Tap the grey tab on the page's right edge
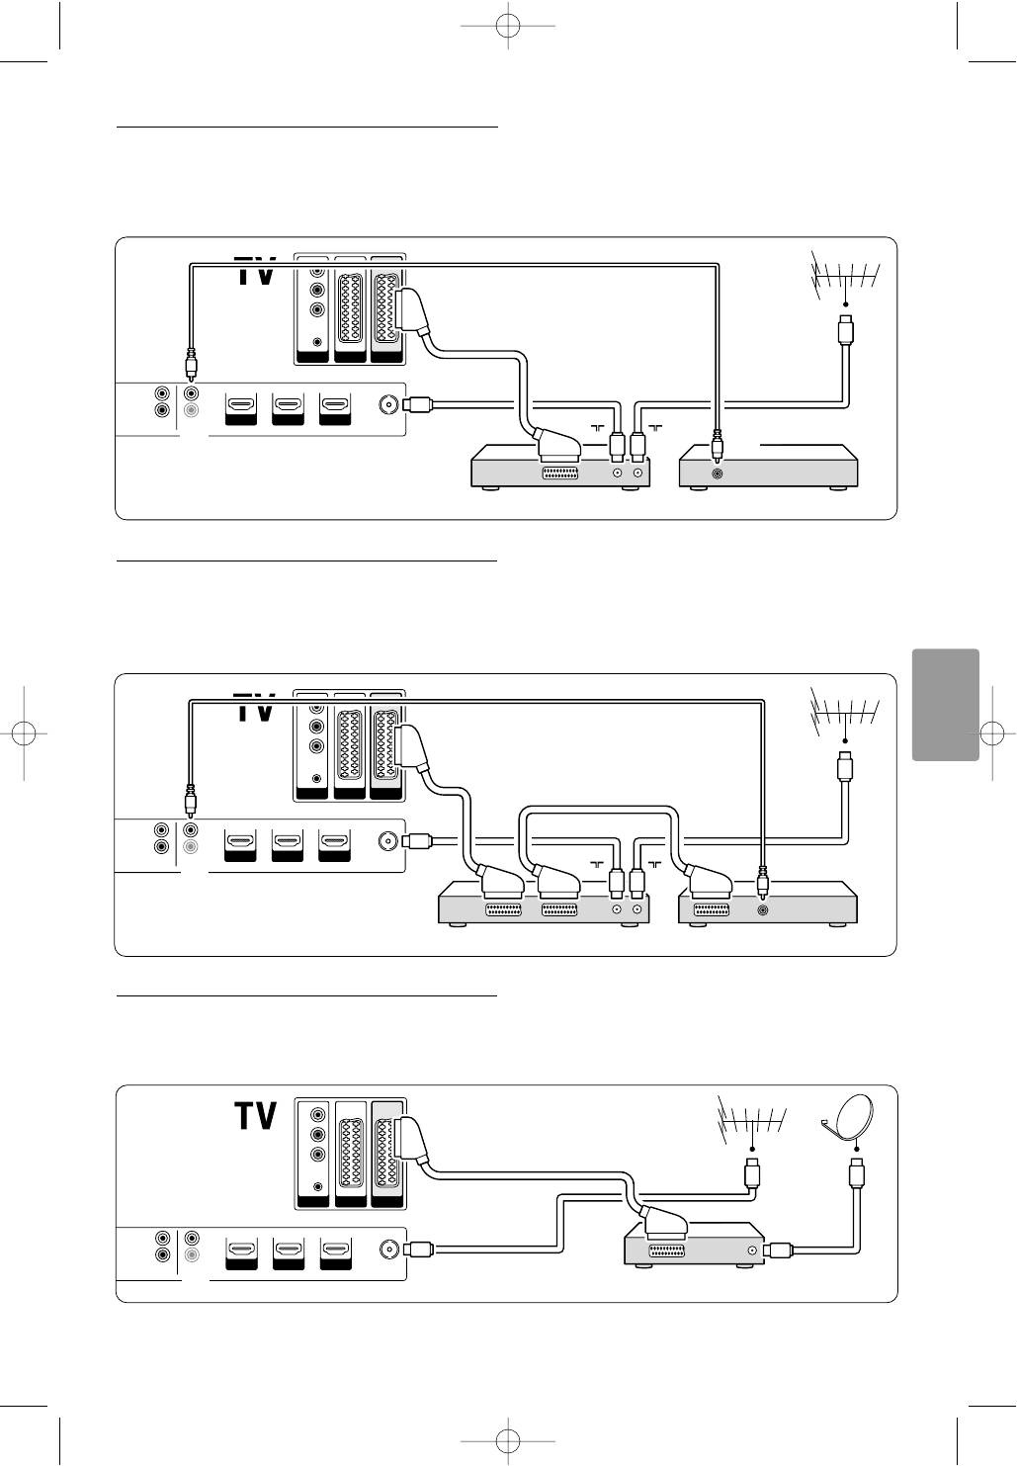(946, 705)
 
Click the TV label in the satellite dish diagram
(255, 1116)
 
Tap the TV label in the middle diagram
(255, 708)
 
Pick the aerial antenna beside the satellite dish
(752, 1121)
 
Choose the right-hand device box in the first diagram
(768, 467)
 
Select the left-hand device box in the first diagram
(559, 467)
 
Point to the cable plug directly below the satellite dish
(856, 1174)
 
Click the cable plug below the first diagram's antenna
(846, 329)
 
